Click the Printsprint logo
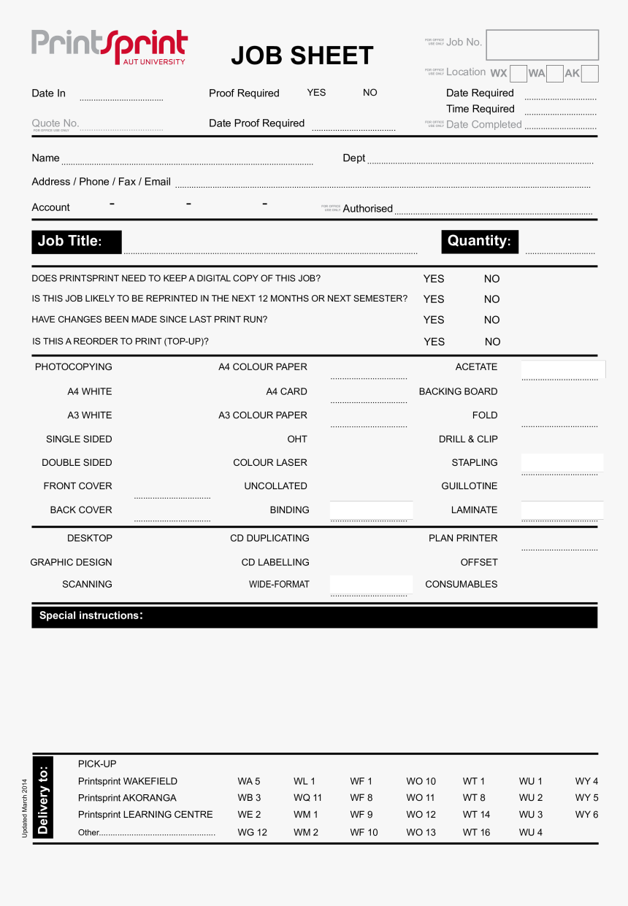click(x=110, y=46)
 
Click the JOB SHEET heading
click(x=302, y=55)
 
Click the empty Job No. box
click(x=542, y=45)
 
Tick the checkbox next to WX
click(x=518, y=74)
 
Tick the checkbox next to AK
click(x=590, y=74)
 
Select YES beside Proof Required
click(x=316, y=93)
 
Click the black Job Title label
click(x=76, y=242)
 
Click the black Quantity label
click(x=479, y=242)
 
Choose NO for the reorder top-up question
click(x=493, y=342)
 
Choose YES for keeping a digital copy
click(x=434, y=279)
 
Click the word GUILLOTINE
click(x=469, y=486)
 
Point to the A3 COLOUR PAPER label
click(x=263, y=415)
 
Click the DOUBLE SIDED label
click(x=77, y=463)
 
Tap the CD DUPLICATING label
click(x=269, y=538)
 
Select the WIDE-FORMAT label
click(x=279, y=584)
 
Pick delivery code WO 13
click(x=421, y=832)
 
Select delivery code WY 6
click(x=586, y=815)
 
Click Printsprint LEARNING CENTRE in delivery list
click(x=145, y=815)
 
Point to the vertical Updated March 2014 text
click(x=24, y=808)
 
